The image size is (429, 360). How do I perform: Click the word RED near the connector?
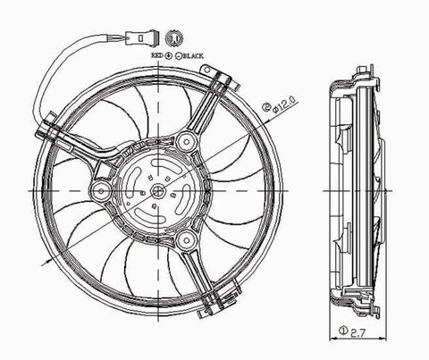pyautogui.click(x=158, y=55)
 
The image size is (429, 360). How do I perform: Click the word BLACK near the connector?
pyautogui.click(x=193, y=55)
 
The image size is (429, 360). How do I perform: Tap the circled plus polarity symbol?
pyautogui.click(x=169, y=55)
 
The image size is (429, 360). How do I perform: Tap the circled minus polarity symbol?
pyautogui.click(x=179, y=55)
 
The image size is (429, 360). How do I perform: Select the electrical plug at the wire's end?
pyautogui.click(x=141, y=38)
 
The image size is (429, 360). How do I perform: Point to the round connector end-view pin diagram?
pyautogui.click(x=174, y=38)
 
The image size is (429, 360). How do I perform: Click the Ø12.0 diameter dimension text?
pyautogui.click(x=284, y=105)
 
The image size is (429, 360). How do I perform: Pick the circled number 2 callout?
pyautogui.click(x=265, y=106)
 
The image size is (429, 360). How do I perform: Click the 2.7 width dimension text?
pyautogui.click(x=357, y=332)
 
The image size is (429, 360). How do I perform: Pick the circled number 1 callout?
pyautogui.click(x=343, y=330)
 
